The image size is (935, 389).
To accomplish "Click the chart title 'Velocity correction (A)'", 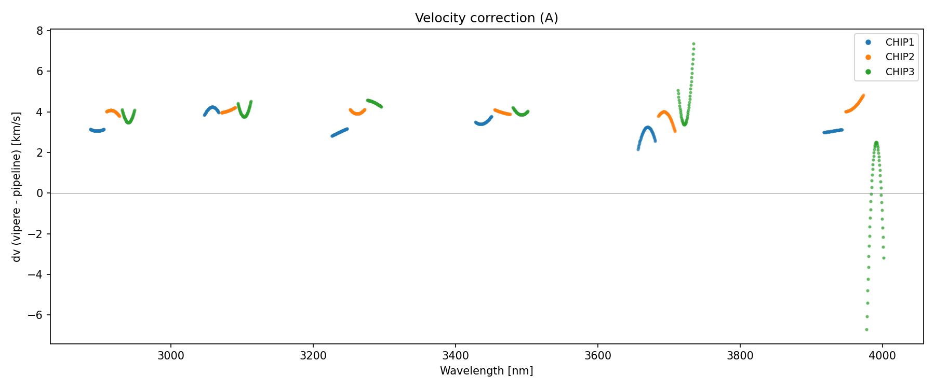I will (x=486, y=18).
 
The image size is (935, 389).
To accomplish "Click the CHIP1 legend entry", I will (x=900, y=43).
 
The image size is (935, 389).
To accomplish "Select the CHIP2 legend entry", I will (x=900, y=57).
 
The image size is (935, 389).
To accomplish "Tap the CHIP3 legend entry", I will (x=900, y=72).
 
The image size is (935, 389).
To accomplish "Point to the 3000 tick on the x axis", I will (x=171, y=356).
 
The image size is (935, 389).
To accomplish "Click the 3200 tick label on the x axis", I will (x=313, y=356).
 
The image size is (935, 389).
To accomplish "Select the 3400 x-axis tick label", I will (x=455, y=356).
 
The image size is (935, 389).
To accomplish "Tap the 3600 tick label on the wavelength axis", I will (x=597, y=356).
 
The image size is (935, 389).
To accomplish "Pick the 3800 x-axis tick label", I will (x=740, y=356).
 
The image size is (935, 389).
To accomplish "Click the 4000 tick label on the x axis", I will (x=882, y=356).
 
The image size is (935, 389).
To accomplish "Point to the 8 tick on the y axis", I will (x=40, y=31).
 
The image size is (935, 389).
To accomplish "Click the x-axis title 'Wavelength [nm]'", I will (x=486, y=371).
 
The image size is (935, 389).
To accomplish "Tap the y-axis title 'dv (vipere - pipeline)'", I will (x=17, y=187).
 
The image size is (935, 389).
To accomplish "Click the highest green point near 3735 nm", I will (x=693, y=44).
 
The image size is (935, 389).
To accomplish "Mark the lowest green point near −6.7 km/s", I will (x=866, y=329).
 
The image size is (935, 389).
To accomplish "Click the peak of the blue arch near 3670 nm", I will (x=647, y=128).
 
